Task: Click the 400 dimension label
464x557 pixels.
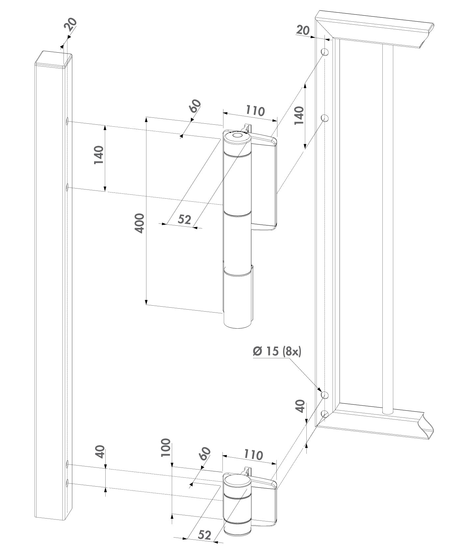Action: pyautogui.click(x=140, y=223)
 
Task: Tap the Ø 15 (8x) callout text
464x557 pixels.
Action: pyautogui.click(x=277, y=351)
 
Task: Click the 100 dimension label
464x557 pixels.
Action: pyautogui.click(x=167, y=447)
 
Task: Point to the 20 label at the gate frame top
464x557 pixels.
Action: pyautogui.click(x=303, y=30)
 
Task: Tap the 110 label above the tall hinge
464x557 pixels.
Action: pyautogui.click(x=255, y=111)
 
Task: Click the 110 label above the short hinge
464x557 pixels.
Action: pyautogui.click(x=253, y=455)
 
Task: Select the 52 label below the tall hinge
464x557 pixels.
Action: pyautogui.click(x=184, y=219)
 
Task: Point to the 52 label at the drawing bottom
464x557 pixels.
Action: pyautogui.click(x=204, y=535)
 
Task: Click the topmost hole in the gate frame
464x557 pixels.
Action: pyautogui.click(x=325, y=52)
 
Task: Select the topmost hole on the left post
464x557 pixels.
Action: pyautogui.click(x=67, y=122)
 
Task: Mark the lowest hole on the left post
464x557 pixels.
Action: pyautogui.click(x=67, y=483)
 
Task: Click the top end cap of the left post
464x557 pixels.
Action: pyautogui.click(x=53, y=59)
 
